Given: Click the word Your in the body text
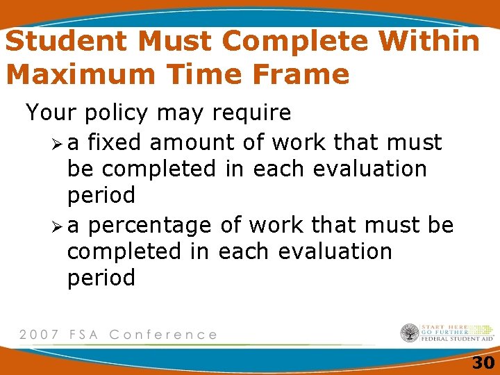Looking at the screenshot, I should point(49,112).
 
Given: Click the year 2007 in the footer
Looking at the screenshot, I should point(38,334).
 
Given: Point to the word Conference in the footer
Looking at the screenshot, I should point(164,334).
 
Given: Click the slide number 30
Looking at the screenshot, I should point(483,362).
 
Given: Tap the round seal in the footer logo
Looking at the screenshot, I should point(410,333).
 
